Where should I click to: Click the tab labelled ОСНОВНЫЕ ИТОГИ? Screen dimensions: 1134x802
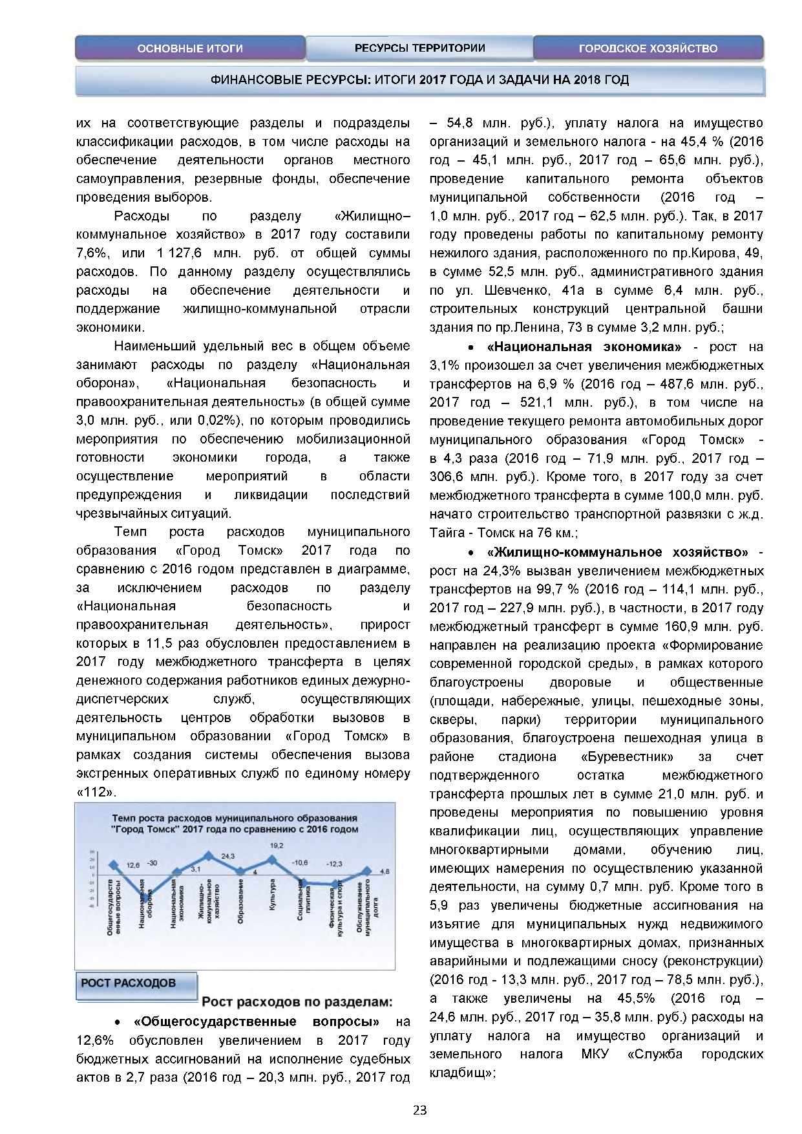pyautogui.click(x=190, y=48)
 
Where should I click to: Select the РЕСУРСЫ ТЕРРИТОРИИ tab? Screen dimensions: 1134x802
pyautogui.click(x=419, y=48)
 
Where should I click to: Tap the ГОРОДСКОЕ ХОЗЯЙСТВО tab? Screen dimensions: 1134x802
pyautogui.click(x=648, y=48)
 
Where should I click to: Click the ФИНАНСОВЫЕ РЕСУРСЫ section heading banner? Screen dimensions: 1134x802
pyautogui.click(x=420, y=80)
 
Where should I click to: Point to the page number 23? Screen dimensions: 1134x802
pyautogui.click(x=419, y=1111)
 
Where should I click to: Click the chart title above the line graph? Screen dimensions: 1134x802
pyautogui.click(x=235, y=823)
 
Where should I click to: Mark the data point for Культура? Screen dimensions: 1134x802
pyautogui.click(x=272, y=860)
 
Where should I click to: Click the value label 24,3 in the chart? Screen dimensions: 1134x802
pyautogui.click(x=227, y=856)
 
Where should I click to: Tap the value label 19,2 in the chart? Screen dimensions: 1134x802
pyautogui.click(x=277, y=845)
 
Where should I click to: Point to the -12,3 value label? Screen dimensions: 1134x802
pyautogui.click(x=334, y=864)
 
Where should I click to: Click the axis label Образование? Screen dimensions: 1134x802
pyautogui.click(x=240, y=901)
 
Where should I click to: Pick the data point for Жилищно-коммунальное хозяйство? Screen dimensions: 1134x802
pyautogui.click(x=209, y=856)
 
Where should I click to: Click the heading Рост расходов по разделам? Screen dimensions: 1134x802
pyautogui.click(x=297, y=1002)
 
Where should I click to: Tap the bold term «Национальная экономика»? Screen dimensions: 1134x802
pyautogui.click(x=584, y=347)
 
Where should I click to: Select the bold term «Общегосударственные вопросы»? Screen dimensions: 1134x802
pyautogui.click(x=256, y=1022)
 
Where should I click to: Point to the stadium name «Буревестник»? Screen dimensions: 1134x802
pyautogui.click(x=627, y=756)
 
